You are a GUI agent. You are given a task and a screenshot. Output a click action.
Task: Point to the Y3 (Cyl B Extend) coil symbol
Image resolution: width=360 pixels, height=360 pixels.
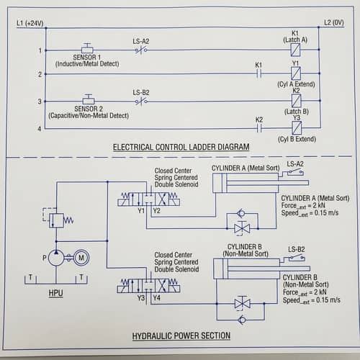(295, 128)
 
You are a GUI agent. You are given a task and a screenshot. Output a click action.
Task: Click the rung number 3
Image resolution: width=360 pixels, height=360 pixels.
(40, 102)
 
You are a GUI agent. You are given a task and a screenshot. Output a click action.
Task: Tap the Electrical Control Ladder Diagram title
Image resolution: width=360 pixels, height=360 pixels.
(181, 147)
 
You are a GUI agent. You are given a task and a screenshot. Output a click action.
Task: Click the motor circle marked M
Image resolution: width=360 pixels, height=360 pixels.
(83, 258)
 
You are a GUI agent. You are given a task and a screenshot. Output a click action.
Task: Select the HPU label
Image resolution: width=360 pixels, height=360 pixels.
(56, 293)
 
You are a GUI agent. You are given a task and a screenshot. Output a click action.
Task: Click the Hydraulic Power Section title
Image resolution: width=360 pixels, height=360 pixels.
(181, 336)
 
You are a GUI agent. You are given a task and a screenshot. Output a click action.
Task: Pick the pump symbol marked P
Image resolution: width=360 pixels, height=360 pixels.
(56, 258)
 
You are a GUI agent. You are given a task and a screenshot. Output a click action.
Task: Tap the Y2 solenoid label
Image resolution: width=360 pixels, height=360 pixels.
(156, 210)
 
